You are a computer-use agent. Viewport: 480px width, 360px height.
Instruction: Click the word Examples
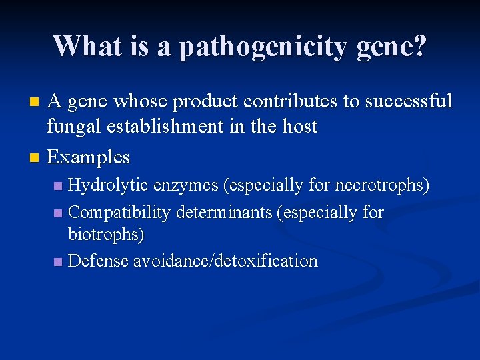89,157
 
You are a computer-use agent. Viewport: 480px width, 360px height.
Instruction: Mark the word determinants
224,213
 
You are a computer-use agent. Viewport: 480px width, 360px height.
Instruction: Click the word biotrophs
106,235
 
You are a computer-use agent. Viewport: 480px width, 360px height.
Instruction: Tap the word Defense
98,261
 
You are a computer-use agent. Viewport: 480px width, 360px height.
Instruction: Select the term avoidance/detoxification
225,261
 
